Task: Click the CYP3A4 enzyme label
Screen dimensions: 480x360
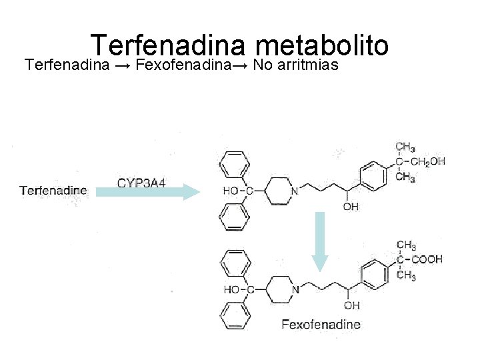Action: coord(141,182)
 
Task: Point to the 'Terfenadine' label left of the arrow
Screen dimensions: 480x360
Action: coord(53,190)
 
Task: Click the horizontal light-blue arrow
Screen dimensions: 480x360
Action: coord(147,193)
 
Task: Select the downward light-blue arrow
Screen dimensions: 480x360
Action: coord(320,241)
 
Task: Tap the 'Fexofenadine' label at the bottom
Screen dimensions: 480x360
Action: coord(321,325)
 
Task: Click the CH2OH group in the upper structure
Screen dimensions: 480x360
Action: coord(428,161)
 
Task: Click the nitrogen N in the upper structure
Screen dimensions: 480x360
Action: coord(295,191)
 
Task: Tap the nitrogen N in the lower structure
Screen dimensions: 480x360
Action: coord(295,289)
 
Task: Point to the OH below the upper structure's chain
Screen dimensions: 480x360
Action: coord(350,207)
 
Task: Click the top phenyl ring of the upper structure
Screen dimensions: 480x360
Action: coord(234,163)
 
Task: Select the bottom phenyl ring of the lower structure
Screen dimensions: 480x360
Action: coord(234,316)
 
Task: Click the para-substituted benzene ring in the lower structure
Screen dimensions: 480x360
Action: coord(373,273)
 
